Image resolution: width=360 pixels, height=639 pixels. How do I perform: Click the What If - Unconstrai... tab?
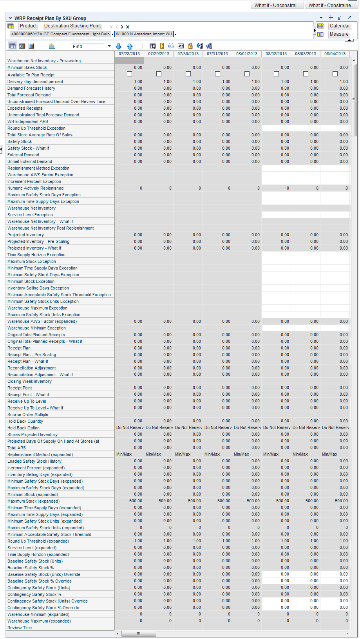[x=277, y=5]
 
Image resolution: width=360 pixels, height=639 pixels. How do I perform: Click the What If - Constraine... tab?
[x=331, y=5]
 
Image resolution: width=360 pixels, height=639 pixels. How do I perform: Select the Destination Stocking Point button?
[x=72, y=26]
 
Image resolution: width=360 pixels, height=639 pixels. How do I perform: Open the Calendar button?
[x=339, y=26]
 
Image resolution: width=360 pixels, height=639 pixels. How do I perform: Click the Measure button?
[x=339, y=34]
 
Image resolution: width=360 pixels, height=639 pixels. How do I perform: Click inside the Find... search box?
[x=88, y=46]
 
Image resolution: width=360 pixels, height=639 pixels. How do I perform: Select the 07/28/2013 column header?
[x=129, y=54]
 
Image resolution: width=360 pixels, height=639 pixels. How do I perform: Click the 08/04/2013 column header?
[x=335, y=54]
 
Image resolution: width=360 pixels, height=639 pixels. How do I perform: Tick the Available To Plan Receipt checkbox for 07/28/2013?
[x=130, y=74]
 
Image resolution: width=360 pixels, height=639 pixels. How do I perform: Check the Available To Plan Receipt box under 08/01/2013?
[x=247, y=74]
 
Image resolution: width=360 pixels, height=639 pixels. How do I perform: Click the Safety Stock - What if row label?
[x=28, y=148]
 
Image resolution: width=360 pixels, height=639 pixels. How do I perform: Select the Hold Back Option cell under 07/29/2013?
[x=159, y=427]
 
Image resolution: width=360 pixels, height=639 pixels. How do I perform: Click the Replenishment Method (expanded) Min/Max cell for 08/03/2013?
[x=306, y=454]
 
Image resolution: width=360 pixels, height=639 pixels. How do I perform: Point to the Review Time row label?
[x=20, y=628]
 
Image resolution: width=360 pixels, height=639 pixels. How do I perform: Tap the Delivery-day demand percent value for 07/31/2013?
[x=218, y=81]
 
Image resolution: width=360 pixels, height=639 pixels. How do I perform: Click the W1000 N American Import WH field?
[x=144, y=34]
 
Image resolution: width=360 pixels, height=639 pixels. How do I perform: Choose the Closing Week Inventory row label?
[x=29, y=381]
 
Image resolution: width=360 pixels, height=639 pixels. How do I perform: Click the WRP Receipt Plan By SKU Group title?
[x=50, y=18]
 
